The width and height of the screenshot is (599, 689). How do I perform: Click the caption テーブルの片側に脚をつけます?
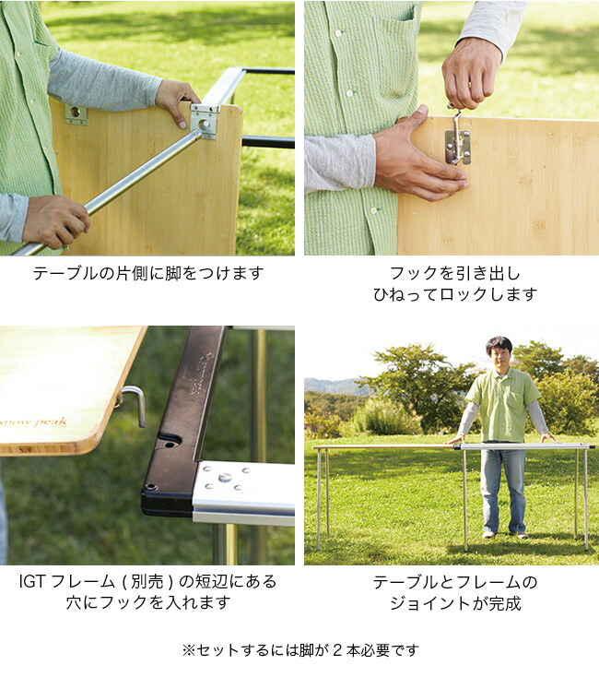(x=148, y=273)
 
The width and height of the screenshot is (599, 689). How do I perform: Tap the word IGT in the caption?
(x=33, y=582)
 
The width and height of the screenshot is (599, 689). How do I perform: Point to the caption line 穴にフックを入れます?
(x=148, y=603)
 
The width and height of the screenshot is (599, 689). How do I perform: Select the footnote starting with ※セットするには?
(x=299, y=649)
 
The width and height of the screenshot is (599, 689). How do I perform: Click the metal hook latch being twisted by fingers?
(x=457, y=138)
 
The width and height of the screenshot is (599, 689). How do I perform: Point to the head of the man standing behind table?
(x=499, y=350)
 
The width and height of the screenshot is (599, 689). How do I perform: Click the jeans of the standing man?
(x=502, y=489)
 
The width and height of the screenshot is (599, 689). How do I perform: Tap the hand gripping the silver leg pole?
(x=55, y=220)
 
